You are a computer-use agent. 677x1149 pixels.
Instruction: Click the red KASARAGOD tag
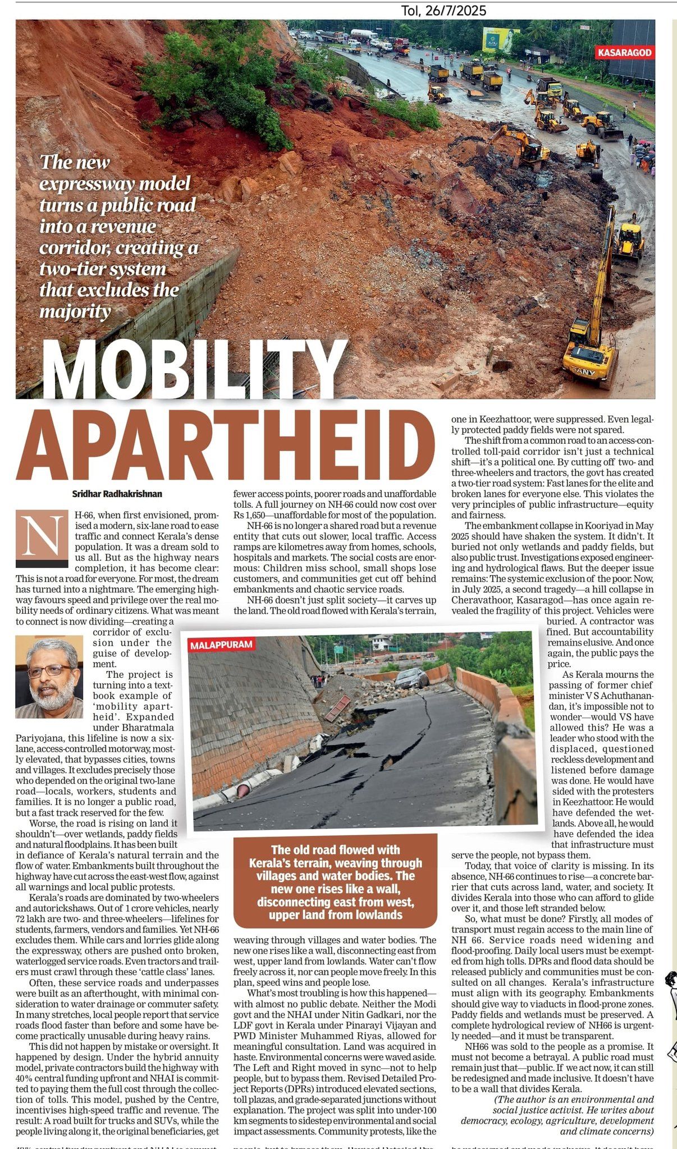(x=625, y=53)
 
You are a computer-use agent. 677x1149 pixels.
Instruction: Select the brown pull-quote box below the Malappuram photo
(x=335, y=881)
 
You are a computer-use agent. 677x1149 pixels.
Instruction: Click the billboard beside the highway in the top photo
(x=501, y=40)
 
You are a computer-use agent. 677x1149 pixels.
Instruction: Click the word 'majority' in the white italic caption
(x=75, y=311)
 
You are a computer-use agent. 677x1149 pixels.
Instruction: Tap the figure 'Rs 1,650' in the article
(x=251, y=515)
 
